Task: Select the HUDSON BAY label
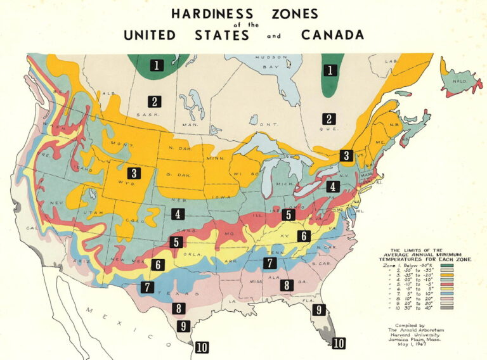point(271,61)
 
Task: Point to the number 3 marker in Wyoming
point(134,172)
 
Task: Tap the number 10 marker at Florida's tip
point(339,343)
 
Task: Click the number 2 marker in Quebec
point(328,118)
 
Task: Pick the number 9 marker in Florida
point(316,310)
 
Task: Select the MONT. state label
point(121,145)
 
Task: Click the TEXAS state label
point(182,294)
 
